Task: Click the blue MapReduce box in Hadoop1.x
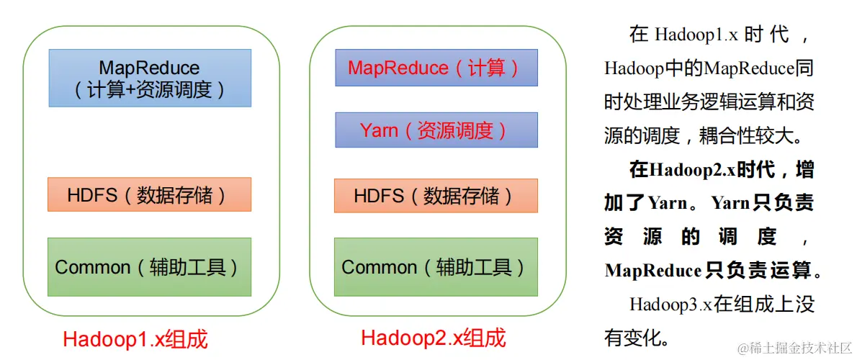tap(150, 78)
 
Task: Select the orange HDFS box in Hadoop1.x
tap(150, 194)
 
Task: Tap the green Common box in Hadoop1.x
tap(150, 267)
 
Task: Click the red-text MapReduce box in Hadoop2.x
tap(436, 68)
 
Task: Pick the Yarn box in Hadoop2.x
tap(436, 130)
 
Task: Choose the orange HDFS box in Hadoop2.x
tap(436, 195)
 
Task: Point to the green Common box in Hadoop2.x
tap(436, 267)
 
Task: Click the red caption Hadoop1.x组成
tap(135, 338)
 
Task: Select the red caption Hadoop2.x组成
tap(434, 337)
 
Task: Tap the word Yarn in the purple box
tap(379, 130)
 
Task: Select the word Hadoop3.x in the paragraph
tap(670, 304)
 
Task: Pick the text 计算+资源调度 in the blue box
tap(150, 90)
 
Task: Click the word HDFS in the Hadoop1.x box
tap(92, 195)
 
